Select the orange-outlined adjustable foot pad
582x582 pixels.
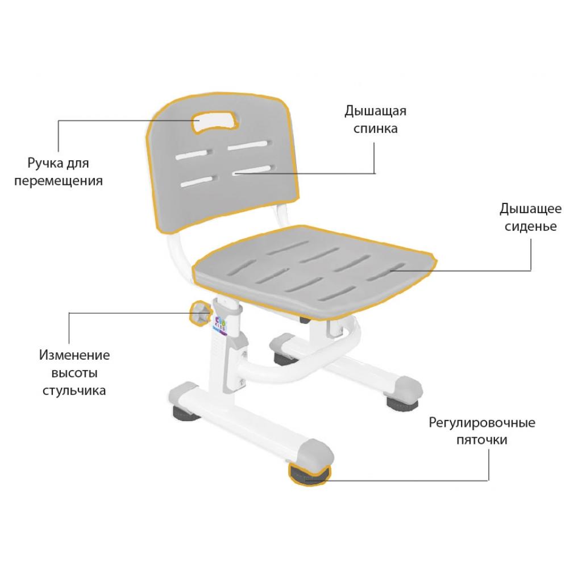pos(309,475)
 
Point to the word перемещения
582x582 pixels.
pos(59,181)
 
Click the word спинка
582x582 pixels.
pos(375,128)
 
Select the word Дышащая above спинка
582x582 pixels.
pos(375,110)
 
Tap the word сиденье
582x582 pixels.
pos(530,227)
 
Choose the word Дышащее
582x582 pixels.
pos(530,209)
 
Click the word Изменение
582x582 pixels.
pos(74,355)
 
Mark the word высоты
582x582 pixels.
pos(74,373)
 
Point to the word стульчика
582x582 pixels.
pos(74,392)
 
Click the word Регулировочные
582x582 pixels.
pos(482,423)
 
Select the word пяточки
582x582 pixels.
pos(482,440)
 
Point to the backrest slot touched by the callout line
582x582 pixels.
pos(253,169)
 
